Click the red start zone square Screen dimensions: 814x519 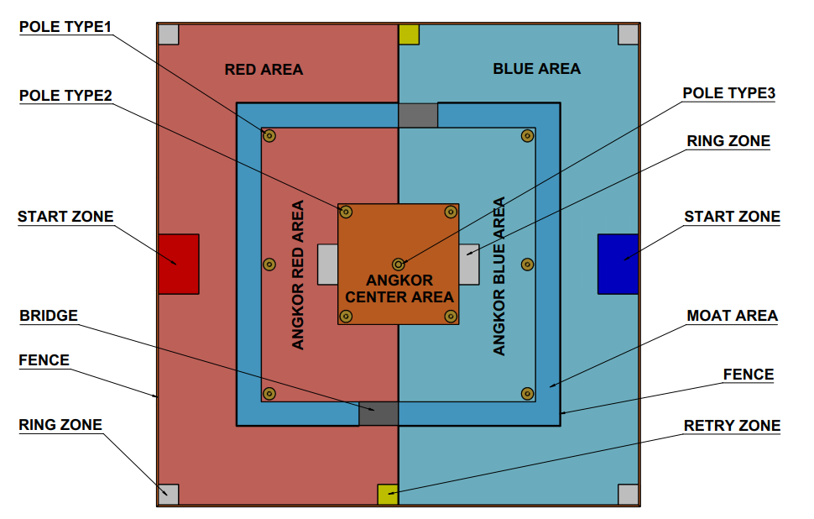point(179,264)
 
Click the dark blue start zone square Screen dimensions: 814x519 point(618,264)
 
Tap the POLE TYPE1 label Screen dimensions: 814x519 point(65,27)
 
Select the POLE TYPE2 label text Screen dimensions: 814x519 point(65,96)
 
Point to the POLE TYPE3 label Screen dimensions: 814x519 point(729,93)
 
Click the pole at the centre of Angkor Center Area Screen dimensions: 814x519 point(398,264)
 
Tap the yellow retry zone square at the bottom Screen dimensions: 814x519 point(388,494)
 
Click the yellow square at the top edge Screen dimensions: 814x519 point(409,34)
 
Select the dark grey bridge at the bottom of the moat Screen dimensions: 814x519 point(378,413)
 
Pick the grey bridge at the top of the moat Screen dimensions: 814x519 point(418,115)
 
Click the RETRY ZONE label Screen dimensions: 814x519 point(732,426)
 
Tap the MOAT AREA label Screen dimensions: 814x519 point(732,316)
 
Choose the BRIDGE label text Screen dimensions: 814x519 point(49,316)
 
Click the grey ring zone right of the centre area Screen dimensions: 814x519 point(469,264)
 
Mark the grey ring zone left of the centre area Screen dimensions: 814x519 point(327,264)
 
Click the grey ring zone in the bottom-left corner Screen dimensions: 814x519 point(168,494)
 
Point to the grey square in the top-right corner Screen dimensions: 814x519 point(629,34)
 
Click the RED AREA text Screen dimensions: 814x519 point(264,69)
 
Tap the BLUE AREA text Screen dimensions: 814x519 point(537,69)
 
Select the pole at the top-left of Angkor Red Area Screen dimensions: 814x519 point(269,135)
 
